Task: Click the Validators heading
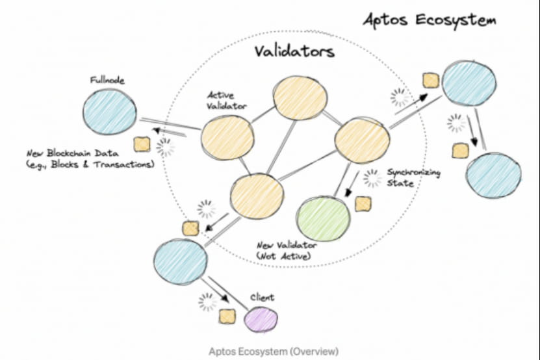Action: tap(293, 51)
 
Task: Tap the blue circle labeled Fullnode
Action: tap(110, 112)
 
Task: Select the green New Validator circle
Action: tap(323, 219)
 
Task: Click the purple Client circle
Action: tap(261, 318)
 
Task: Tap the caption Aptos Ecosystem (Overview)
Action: tap(274, 352)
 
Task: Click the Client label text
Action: tap(262, 298)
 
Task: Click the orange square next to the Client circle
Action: tap(227, 316)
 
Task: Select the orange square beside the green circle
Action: tap(363, 204)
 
